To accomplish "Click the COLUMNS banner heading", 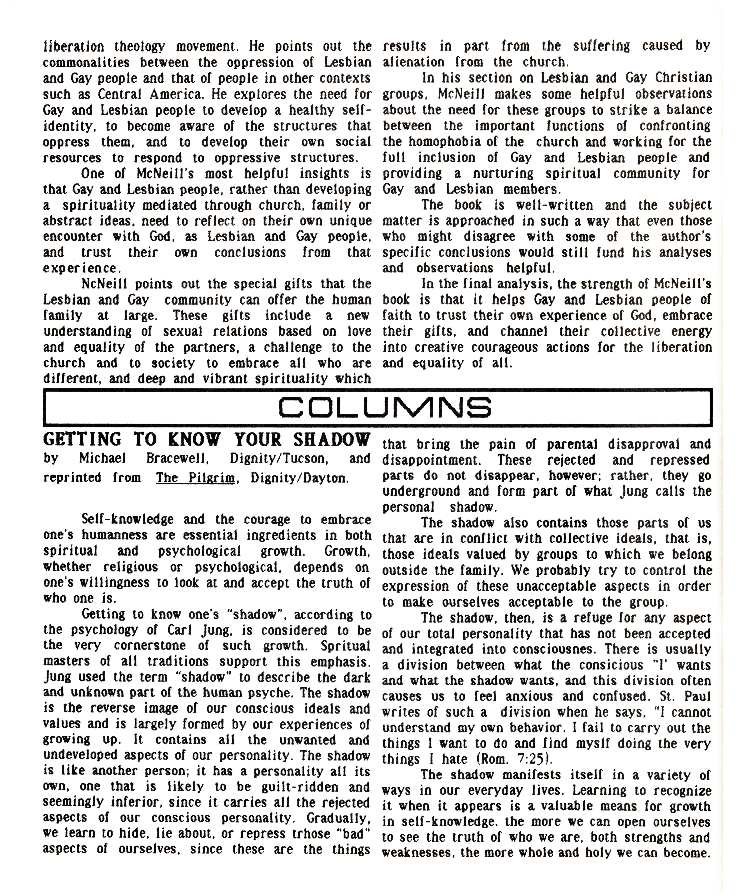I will [x=384, y=407].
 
